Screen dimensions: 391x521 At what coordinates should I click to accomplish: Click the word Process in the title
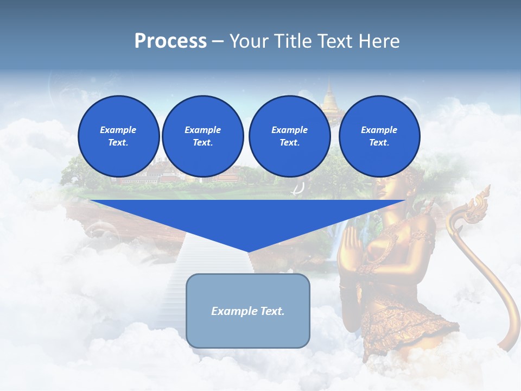170,41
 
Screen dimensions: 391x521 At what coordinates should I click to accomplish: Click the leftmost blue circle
118,136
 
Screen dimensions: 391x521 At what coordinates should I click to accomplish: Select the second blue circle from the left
202,136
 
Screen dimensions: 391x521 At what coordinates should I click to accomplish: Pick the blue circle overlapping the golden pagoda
289,136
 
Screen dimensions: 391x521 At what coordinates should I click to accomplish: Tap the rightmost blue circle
379,136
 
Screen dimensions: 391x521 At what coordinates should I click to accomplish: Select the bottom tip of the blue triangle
248,251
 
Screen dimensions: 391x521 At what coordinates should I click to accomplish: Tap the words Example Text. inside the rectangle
248,311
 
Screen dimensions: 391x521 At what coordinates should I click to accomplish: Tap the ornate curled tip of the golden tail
478,204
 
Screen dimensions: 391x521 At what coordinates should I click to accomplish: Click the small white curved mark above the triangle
298,189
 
